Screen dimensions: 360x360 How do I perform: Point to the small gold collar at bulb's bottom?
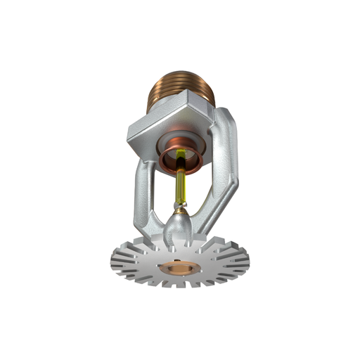pyautogui.click(x=180, y=208)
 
